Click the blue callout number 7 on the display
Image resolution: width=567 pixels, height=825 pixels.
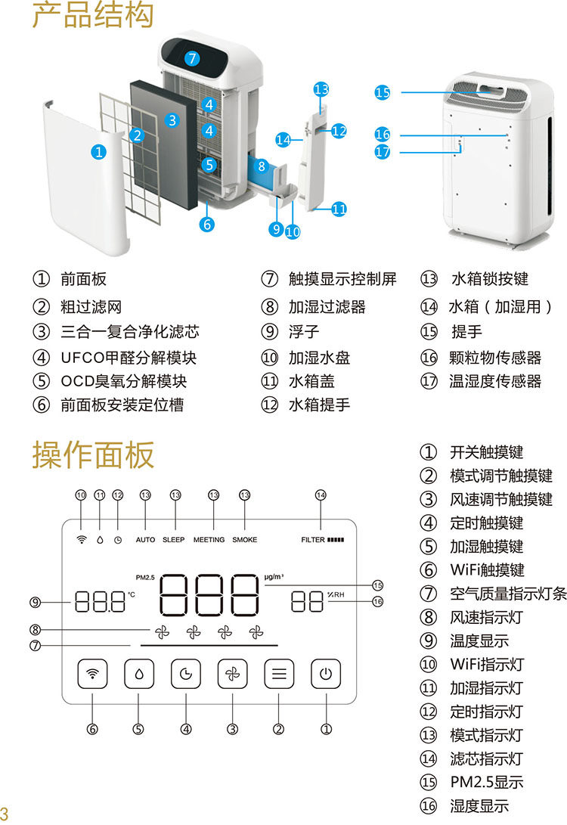click(x=192, y=58)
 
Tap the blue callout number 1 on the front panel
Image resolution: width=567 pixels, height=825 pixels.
click(x=98, y=152)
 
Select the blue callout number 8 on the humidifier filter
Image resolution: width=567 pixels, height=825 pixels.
click(x=262, y=167)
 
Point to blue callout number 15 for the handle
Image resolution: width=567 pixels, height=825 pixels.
click(x=383, y=92)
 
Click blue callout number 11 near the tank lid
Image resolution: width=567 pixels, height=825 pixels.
click(x=339, y=209)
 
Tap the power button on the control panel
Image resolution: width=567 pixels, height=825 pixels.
click(x=326, y=674)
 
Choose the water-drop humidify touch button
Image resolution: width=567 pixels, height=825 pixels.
click(x=139, y=674)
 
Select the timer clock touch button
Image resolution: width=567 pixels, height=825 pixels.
click(x=186, y=674)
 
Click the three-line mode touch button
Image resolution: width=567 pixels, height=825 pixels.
click(x=279, y=674)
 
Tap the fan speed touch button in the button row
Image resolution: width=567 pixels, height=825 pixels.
click(x=233, y=674)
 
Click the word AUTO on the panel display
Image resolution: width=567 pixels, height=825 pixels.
click(x=145, y=540)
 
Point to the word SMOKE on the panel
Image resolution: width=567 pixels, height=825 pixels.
click(x=245, y=540)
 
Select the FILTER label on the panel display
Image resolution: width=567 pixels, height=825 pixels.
click(x=313, y=540)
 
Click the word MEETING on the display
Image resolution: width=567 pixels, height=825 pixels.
click(x=209, y=540)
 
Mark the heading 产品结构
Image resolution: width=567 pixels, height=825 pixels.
click(x=93, y=14)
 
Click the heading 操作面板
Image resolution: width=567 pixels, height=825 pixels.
click(x=93, y=454)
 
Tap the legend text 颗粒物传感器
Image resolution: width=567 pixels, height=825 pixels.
click(x=495, y=358)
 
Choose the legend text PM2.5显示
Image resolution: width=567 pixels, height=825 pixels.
click(x=487, y=783)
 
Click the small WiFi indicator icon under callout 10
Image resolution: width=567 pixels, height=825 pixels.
click(x=81, y=540)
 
